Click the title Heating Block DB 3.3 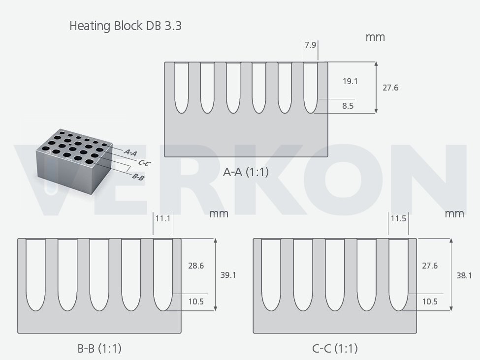[x=126, y=26]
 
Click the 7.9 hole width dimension [x=311, y=45]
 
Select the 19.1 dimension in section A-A [x=350, y=81]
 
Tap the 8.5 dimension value [x=348, y=106]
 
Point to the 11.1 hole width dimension [x=163, y=219]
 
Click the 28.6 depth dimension [x=196, y=266]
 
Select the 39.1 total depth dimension [x=228, y=275]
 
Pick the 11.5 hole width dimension [x=398, y=218]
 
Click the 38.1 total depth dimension [x=464, y=275]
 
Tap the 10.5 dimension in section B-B [x=196, y=301]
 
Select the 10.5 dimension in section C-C [x=430, y=301]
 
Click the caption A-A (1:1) [x=246, y=172]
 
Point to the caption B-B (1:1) [x=99, y=348]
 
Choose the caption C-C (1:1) [x=335, y=348]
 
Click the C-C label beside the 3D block [x=144, y=163]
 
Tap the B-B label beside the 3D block [x=138, y=177]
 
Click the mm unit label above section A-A [x=375, y=37]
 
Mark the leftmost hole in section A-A [x=181, y=88]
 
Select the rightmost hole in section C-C [x=398, y=274]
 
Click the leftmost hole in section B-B [x=36, y=274]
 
